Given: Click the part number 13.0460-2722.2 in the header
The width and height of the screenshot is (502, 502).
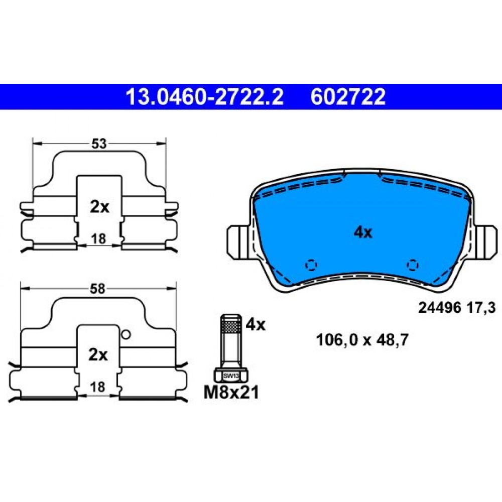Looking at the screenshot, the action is pos(205,97).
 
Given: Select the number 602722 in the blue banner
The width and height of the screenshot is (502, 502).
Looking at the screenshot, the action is pos(348,97).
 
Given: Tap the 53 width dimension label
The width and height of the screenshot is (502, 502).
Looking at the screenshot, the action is pos(98,144).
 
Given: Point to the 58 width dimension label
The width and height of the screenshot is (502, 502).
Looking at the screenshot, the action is pos(97,289).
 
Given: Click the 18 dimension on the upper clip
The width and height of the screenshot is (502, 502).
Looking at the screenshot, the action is pos(98,239).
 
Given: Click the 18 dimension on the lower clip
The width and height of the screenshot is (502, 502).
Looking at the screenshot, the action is pos(97,387).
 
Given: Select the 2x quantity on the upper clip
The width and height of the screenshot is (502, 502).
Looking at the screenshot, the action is pos(99,207).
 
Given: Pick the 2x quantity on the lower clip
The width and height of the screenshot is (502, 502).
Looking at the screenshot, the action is pos(98,355).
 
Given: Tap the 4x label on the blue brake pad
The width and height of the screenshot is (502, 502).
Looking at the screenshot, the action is pos(363,232).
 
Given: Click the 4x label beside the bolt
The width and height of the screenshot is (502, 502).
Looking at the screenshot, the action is pos(256,325).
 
